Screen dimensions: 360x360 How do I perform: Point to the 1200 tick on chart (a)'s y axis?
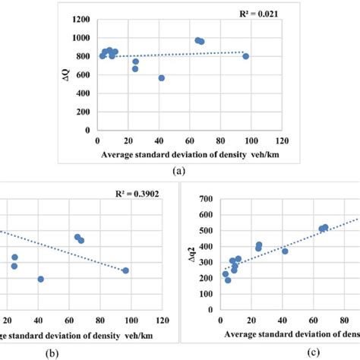coord(81,17)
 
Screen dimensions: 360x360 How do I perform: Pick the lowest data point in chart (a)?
coord(161,77)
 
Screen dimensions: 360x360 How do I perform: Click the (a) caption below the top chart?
coord(178,171)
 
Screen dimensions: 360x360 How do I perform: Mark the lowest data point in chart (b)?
coord(40,279)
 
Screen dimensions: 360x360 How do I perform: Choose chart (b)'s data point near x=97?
coord(125,270)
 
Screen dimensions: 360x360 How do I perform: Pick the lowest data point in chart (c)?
coord(228,280)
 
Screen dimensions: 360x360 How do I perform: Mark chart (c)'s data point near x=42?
coord(285,251)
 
